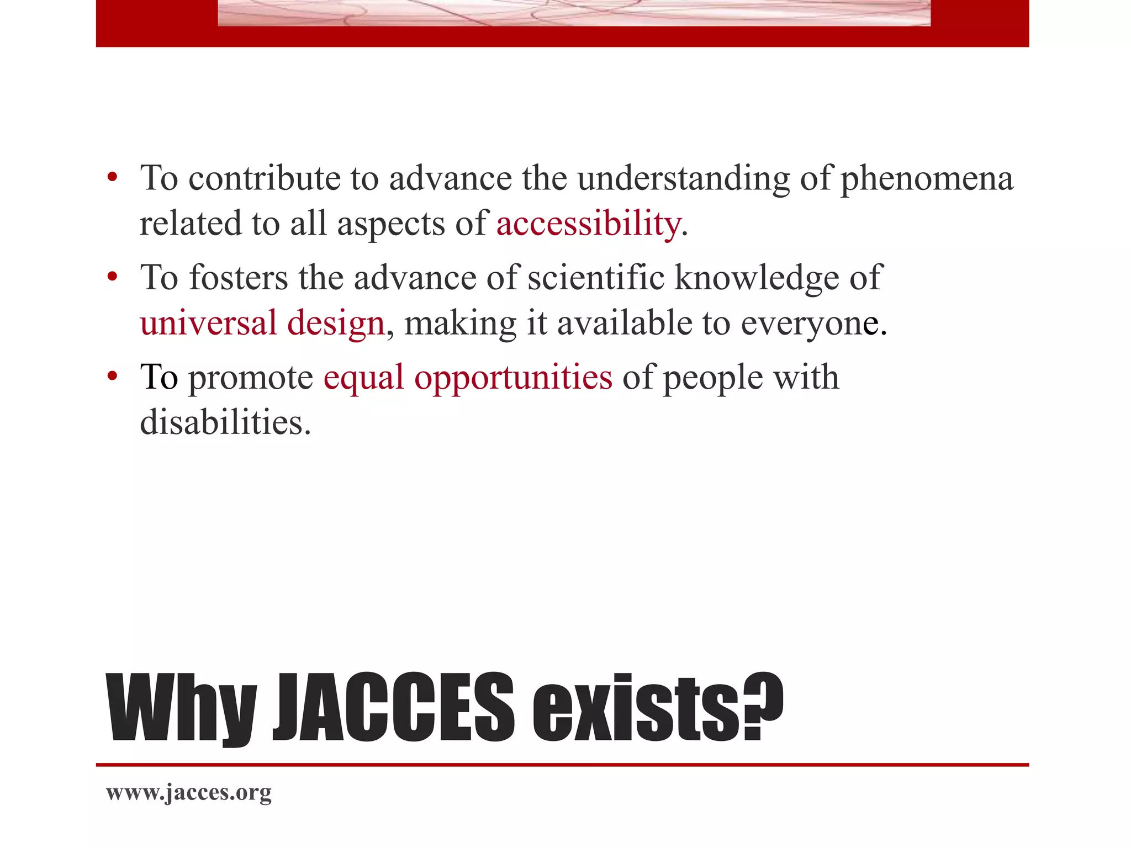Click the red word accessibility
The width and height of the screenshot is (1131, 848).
click(588, 224)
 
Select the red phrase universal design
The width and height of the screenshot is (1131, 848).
click(262, 323)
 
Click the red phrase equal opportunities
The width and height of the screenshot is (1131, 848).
click(468, 378)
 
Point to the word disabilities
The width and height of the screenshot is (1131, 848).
click(225, 422)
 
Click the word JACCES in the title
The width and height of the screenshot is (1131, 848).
click(394, 708)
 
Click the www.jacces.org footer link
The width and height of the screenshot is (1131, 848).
click(189, 792)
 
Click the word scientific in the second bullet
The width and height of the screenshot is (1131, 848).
click(596, 277)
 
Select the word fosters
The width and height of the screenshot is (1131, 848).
click(239, 277)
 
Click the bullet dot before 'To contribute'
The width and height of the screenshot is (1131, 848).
click(113, 177)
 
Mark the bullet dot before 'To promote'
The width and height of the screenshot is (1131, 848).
click(113, 376)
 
